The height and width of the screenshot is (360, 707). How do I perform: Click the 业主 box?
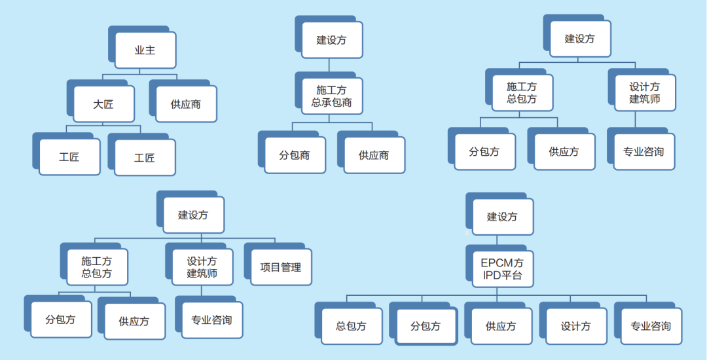pos(145,50)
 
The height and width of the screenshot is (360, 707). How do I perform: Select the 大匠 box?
pos(103,104)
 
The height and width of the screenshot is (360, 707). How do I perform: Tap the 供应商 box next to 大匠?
pos(186,104)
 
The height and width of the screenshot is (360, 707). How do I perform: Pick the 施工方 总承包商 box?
pos(332,96)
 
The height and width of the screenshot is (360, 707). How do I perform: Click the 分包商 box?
pos(295,156)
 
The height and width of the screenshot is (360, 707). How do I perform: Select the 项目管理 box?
pos(281,268)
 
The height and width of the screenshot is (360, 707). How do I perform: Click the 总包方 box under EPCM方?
pos(351,326)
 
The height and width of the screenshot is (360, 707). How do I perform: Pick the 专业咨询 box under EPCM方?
pos(651,326)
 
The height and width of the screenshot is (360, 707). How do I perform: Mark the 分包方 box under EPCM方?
pos(426,326)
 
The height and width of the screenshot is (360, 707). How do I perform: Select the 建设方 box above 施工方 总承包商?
pos(332,40)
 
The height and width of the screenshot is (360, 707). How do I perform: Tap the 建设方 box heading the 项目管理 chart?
pos(193,215)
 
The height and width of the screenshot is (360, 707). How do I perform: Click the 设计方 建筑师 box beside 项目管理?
pos(202,268)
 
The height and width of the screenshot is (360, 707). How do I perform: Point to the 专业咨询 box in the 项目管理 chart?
pos(211,320)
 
